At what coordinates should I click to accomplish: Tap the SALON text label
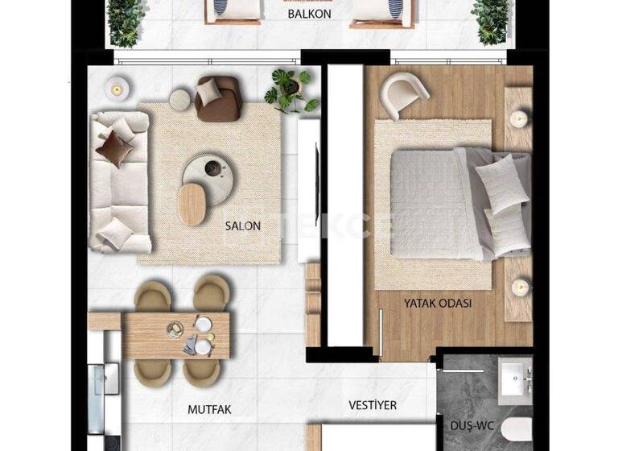point(243,226)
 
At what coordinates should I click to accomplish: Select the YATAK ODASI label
point(439,304)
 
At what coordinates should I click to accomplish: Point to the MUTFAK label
point(209,409)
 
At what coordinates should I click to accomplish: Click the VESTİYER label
point(373,405)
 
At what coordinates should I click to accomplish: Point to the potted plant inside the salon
point(289,89)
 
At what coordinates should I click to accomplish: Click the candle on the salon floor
point(117,86)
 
